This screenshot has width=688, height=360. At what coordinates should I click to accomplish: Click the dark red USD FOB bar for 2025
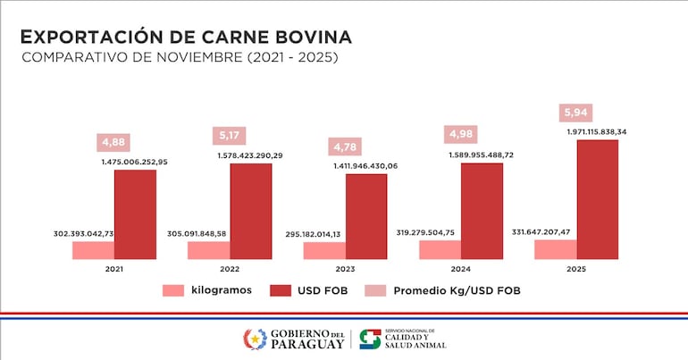tap(598, 199)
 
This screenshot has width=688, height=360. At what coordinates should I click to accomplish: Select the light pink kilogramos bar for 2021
tap(93, 250)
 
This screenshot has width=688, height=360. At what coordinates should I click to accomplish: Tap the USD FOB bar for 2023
tap(366, 216)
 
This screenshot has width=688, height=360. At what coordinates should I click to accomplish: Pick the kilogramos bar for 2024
tap(440, 249)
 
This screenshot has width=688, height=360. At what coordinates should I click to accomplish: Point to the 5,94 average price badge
tap(576, 113)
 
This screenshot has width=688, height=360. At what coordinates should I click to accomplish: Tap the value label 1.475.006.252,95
tap(136, 162)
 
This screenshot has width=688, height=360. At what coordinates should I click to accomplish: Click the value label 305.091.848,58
tap(208, 234)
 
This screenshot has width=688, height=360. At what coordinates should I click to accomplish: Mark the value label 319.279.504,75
tap(440, 232)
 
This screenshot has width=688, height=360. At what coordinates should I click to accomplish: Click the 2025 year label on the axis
tap(576, 268)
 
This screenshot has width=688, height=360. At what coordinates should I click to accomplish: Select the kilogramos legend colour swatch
tap(173, 290)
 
